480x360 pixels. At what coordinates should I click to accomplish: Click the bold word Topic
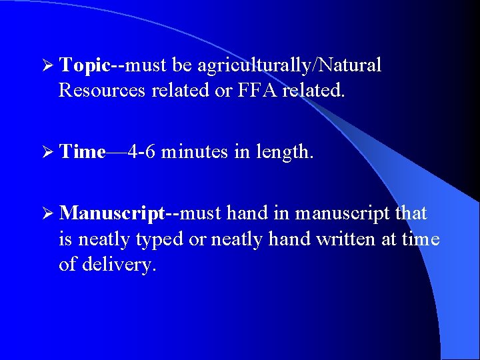pyautogui.click(x=83, y=65)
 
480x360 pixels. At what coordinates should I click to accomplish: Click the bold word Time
pyautogui.click(x=82, y=152)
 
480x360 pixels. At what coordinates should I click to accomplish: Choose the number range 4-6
pyautogui.click(x=142, y=152)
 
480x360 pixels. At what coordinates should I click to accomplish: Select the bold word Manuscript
pyautogui.click(x=111, y=213)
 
